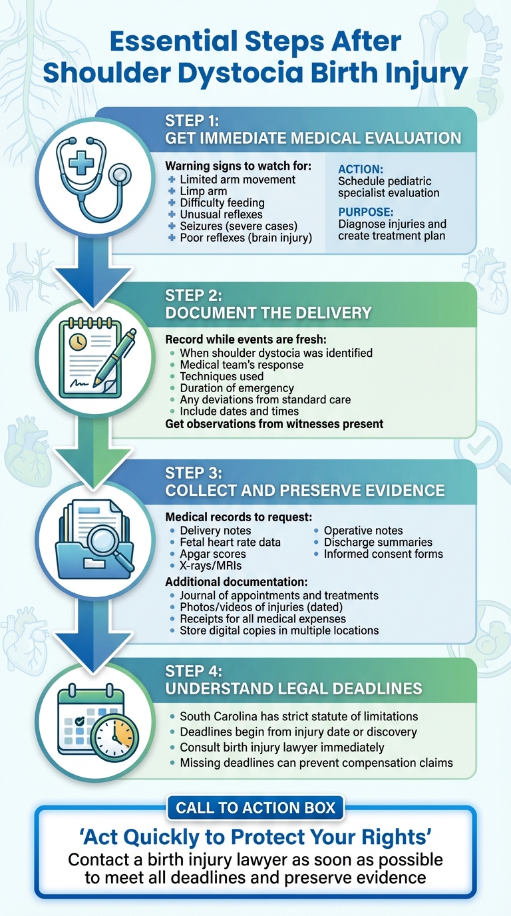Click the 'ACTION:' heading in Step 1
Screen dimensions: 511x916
click(361, 169)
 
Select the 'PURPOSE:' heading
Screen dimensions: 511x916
click(365, 212)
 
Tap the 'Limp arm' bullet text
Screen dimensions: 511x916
click(203, 191)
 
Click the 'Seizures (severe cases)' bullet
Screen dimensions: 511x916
click(238, 226)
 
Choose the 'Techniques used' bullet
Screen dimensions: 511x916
click(222, 376)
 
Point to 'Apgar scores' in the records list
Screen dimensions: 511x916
click(212, 554)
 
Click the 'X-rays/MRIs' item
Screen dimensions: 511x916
click(210, 566)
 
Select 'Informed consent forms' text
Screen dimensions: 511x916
click(383, 554)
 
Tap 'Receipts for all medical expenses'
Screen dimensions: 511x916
click(263, 618)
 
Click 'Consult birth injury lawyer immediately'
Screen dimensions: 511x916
click(282, 748)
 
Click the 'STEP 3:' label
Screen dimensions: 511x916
click(194, 473)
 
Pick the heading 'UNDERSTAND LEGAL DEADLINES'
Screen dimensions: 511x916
click(293, 688)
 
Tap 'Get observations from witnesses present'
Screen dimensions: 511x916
click(274, 424)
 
